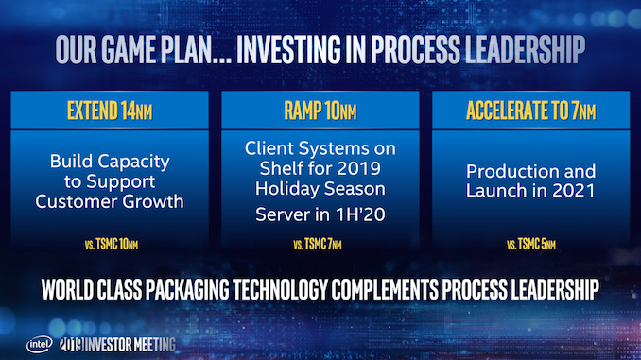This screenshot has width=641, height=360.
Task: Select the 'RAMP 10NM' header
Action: [319, 110]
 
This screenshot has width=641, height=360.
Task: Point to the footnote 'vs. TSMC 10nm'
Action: [111, 246]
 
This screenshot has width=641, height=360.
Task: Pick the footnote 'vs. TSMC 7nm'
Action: [320, 246]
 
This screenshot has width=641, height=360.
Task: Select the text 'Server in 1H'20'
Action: [320, 215]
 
